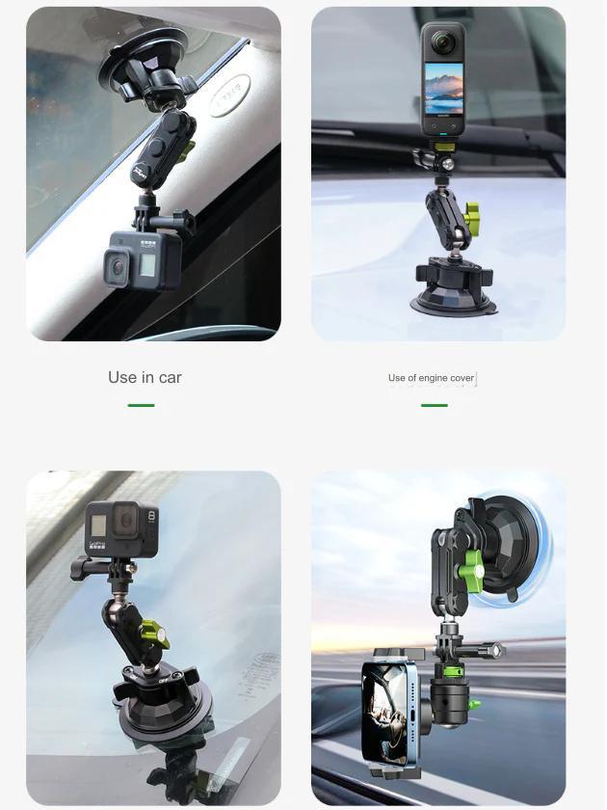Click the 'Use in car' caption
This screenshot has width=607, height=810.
pyautogui.click(x=145, y=377)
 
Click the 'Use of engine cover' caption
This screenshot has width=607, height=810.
pyautogui.click(x=431, y=378)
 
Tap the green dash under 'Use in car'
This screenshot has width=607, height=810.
pyautogui.click(x=141, y=405)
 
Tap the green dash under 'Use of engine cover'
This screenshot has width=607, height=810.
pyautogui.click(x=434, y=405)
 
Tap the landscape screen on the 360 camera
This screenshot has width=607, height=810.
pyautogui.click(x=442, y=90)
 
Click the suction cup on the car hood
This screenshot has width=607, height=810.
pyautogui.click(x=454, y=289)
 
